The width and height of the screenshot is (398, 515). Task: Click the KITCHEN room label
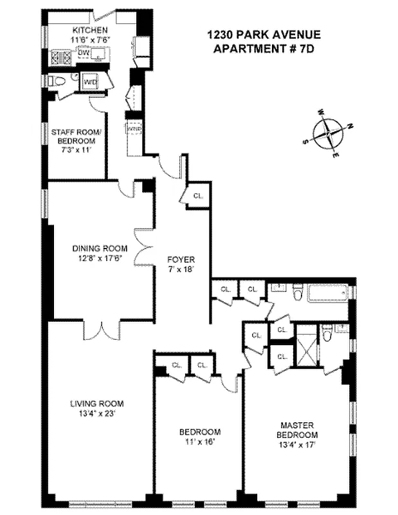click(x=89, y=31)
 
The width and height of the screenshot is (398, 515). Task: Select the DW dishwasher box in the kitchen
click(x=84, y=53)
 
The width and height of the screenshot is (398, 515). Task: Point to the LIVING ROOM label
click(x=96, y=404)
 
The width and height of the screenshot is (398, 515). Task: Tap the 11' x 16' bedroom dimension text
click(x=199, y=442)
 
